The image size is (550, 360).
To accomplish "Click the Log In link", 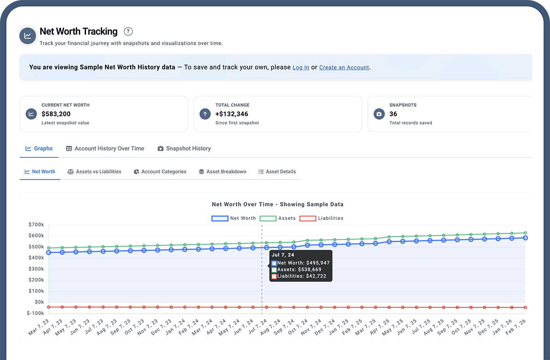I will pyautogui.click(x=301, y=67).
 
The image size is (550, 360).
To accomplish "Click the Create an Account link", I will pyautogui.click(x=344, y=67).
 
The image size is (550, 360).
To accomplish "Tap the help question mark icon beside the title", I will pyautogui.click(x=128, y=32).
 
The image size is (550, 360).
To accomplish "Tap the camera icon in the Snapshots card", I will pyautogui.click(x=379, y=114).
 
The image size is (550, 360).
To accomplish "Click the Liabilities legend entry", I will pyautogui.click(x=321, y=218).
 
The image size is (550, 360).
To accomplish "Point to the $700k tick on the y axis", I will pyautogui.click(x=36, y=225).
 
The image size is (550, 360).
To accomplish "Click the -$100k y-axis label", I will pyautogui.click(x=35, y=313).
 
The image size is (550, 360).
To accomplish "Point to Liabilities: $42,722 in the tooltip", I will pyautogui.click(x=302, y=276).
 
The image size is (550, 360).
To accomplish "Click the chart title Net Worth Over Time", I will pyautogui.click(x=277, y=205).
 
